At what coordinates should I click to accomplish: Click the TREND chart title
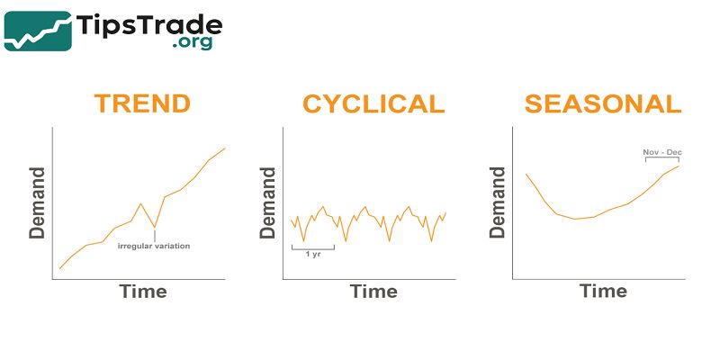point(142,103)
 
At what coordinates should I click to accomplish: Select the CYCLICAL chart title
point(373,103)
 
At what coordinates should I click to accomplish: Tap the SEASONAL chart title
point(603,103)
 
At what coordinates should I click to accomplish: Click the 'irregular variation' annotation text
point(154,246)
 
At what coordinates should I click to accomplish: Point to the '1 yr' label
point(313,254)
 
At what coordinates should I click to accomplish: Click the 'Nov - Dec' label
point(661,152)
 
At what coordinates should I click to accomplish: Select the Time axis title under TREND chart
point(143,291)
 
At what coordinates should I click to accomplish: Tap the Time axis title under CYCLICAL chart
point(373,291)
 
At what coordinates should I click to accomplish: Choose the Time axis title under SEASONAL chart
point(603,291)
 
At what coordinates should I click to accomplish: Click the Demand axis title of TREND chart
point(38,202)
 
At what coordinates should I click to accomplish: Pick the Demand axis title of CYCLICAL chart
point(268,202)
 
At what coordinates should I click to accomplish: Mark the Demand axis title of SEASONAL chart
point(497,202)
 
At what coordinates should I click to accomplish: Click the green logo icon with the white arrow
point(39,31)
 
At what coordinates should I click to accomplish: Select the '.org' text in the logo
point(193,42)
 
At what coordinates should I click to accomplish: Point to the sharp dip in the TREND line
point(155,227)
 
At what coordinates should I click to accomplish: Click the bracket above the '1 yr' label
point(313,246)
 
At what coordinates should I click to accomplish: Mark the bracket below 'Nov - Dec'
point(661,160)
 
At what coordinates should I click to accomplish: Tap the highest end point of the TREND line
point(224,148)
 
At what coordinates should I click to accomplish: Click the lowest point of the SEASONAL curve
point(576,219)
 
